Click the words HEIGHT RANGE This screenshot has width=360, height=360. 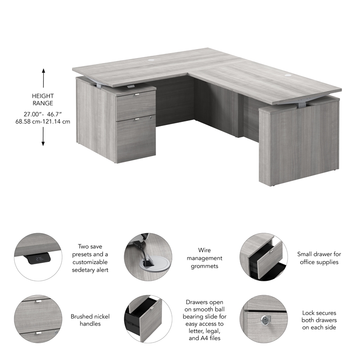[x=43, y=99]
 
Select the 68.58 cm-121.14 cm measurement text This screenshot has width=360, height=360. [x=44, y=121]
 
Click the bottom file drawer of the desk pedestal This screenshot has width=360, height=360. [x=135, y=137]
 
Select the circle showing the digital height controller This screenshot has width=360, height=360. [x=38, y=257]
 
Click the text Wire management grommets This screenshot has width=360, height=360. [x=204, y=258]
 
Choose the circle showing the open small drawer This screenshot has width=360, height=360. [x=263, y=257]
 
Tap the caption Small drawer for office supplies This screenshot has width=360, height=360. [x=319, y=258]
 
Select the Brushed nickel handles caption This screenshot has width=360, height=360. [x=90, y=319]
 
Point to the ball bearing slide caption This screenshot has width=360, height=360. [x=204, y=319]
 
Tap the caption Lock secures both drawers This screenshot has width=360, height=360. [x=319, y=319]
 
